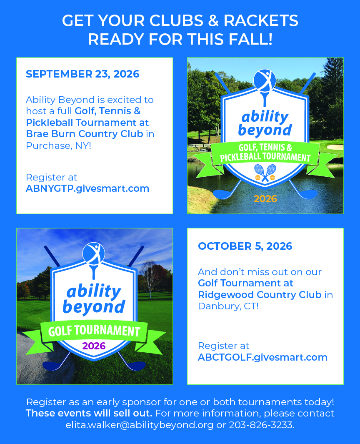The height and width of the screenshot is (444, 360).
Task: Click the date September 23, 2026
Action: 82,74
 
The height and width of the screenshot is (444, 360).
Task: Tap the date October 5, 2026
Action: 245,246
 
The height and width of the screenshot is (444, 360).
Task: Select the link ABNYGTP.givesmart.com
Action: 87,188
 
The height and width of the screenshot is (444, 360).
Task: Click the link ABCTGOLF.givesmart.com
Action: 262,357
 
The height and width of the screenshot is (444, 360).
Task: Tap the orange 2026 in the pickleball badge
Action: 265,199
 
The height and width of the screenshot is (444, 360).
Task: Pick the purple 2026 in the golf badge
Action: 94,346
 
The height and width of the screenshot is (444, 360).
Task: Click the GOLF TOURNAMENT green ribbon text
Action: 94,331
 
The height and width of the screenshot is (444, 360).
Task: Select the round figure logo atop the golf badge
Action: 94,252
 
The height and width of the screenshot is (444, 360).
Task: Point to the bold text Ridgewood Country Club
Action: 260,294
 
